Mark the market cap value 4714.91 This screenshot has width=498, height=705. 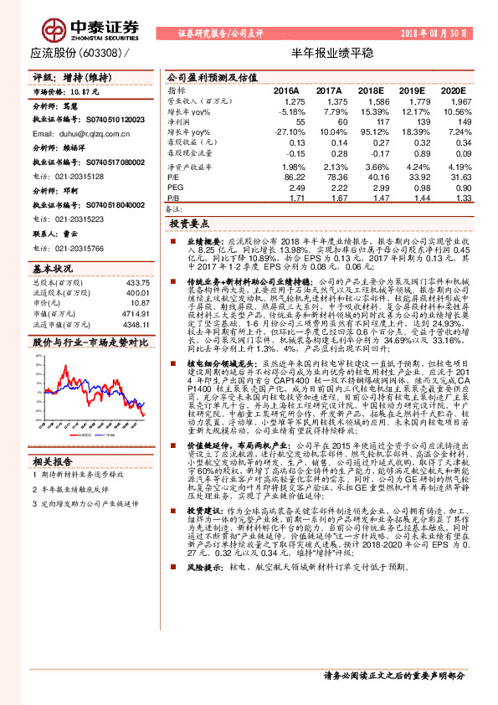click(136, 287)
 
